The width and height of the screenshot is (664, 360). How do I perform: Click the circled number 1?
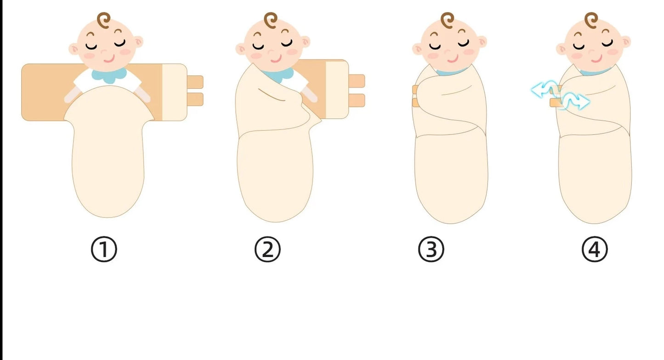[104, 249]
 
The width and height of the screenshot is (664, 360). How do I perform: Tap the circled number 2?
[267, 249]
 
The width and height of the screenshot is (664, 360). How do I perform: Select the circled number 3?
[431, 249]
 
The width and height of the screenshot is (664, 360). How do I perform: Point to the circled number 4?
[595, 249]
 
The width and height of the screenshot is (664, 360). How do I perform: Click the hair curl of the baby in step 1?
[103, 20]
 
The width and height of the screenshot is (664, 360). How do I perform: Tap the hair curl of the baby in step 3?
[447, 20]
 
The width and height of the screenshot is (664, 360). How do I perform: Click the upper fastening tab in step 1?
[195, 82]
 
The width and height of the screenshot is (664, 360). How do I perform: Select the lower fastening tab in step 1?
[195, 99]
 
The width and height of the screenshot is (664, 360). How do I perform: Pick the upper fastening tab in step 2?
[357, 81]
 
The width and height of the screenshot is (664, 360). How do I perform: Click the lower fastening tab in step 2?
[357, 101]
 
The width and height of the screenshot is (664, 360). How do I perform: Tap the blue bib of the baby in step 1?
[108, 75]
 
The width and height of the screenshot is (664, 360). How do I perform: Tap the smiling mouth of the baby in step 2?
[276, 59]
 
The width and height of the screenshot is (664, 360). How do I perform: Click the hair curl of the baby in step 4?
[591, 20]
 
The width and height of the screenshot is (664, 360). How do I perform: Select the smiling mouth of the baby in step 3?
[453, 59]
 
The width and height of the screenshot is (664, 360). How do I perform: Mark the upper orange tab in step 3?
[415, 90]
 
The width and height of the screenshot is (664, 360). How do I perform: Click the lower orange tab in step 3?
[416, 103]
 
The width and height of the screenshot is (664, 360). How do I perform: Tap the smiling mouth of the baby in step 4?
[596, 59]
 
